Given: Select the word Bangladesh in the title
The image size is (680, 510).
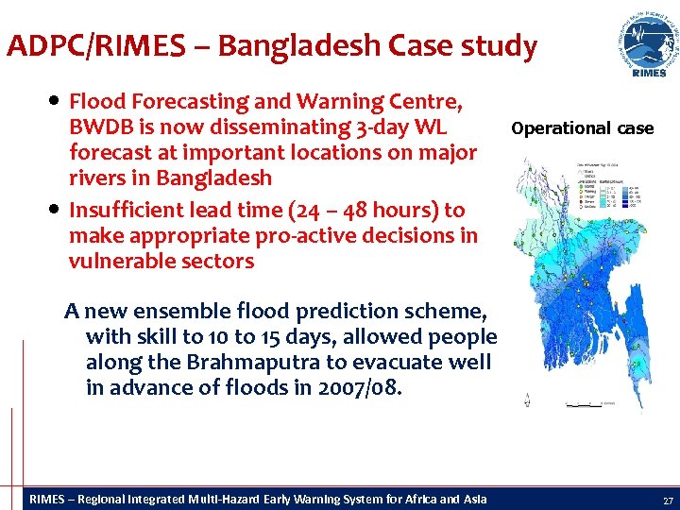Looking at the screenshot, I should tap(283, 45).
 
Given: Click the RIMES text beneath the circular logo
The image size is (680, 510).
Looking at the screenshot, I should tap(648, 73).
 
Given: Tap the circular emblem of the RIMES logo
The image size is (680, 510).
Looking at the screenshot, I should tap(648, 39).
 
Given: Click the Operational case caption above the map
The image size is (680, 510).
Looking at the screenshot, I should tap(582, 128).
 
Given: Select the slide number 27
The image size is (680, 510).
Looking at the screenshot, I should tap(668, 500).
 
